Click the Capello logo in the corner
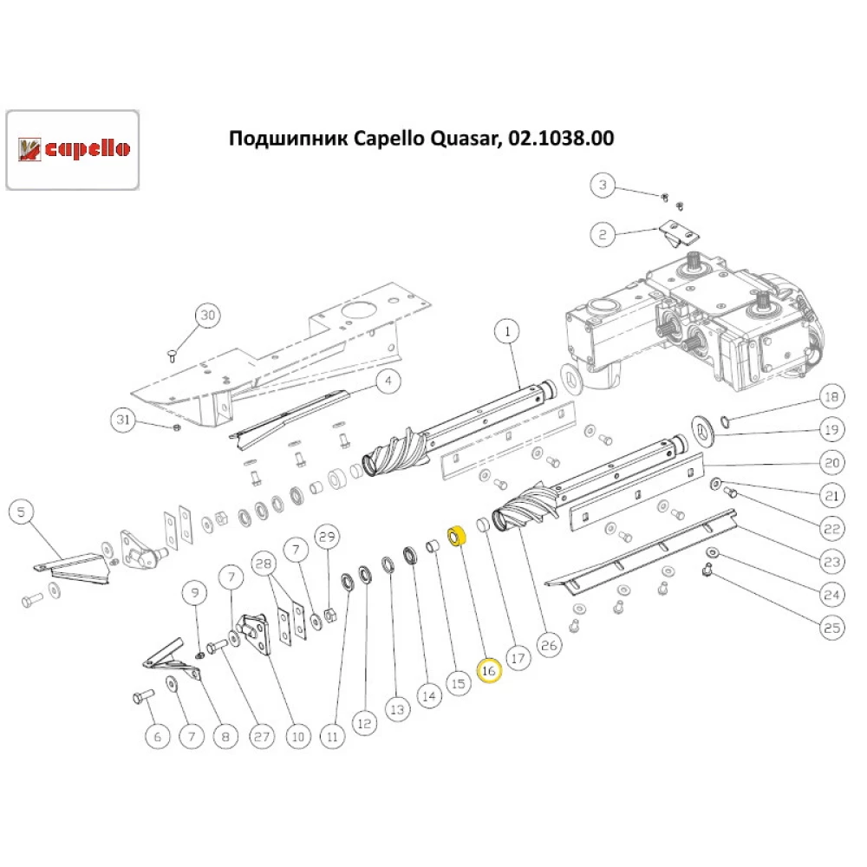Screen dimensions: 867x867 point(74,149)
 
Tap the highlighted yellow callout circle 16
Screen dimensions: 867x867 point(488,670)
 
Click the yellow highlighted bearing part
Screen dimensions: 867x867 point(455,538)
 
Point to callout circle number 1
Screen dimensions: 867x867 point(507,331)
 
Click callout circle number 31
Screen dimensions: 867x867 point(123,420)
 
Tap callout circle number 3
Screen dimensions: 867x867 point(604,185)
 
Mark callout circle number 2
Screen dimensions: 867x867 point(604,233)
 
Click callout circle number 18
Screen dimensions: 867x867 point(831,398)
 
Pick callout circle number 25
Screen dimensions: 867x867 point(831,628)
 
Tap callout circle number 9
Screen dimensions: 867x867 point(195,593)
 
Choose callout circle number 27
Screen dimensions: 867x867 point(261,736)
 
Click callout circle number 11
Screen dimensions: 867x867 point(331,736)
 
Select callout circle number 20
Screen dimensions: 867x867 point(831,463)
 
